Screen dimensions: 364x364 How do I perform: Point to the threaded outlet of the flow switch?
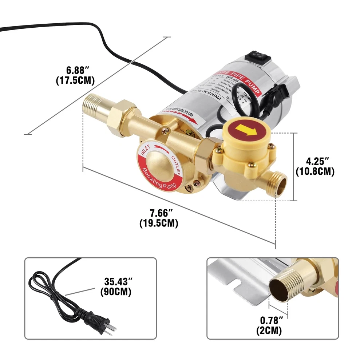[x=277, y=182]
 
